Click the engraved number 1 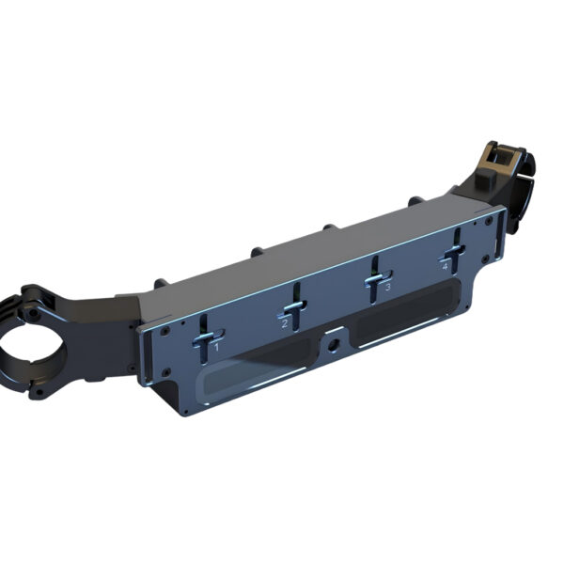click(216, 347)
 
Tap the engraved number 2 click(285, 323)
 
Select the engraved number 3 click(387, 287)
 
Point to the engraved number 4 click(445, 267)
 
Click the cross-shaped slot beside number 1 click(204, 337)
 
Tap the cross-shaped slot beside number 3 click(375, 279)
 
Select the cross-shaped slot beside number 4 click(455, 251)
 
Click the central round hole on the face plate click(333, 344)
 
